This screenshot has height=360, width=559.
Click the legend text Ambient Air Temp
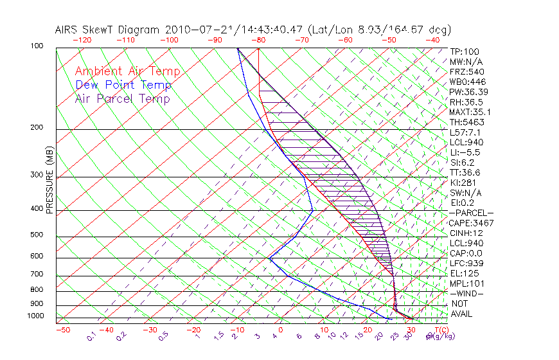[127, 72]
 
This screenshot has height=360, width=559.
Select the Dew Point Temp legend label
[123, 85]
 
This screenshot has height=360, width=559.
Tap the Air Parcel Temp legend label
[122, 99]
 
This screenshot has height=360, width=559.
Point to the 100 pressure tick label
[37, 47]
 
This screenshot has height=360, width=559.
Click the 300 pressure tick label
[37, 175]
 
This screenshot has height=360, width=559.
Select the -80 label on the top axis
[258, 40]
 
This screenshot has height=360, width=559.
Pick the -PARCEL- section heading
[471, 213]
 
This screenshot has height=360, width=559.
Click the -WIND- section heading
[466, 293]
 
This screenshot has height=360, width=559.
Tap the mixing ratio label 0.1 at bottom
[91, 337]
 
